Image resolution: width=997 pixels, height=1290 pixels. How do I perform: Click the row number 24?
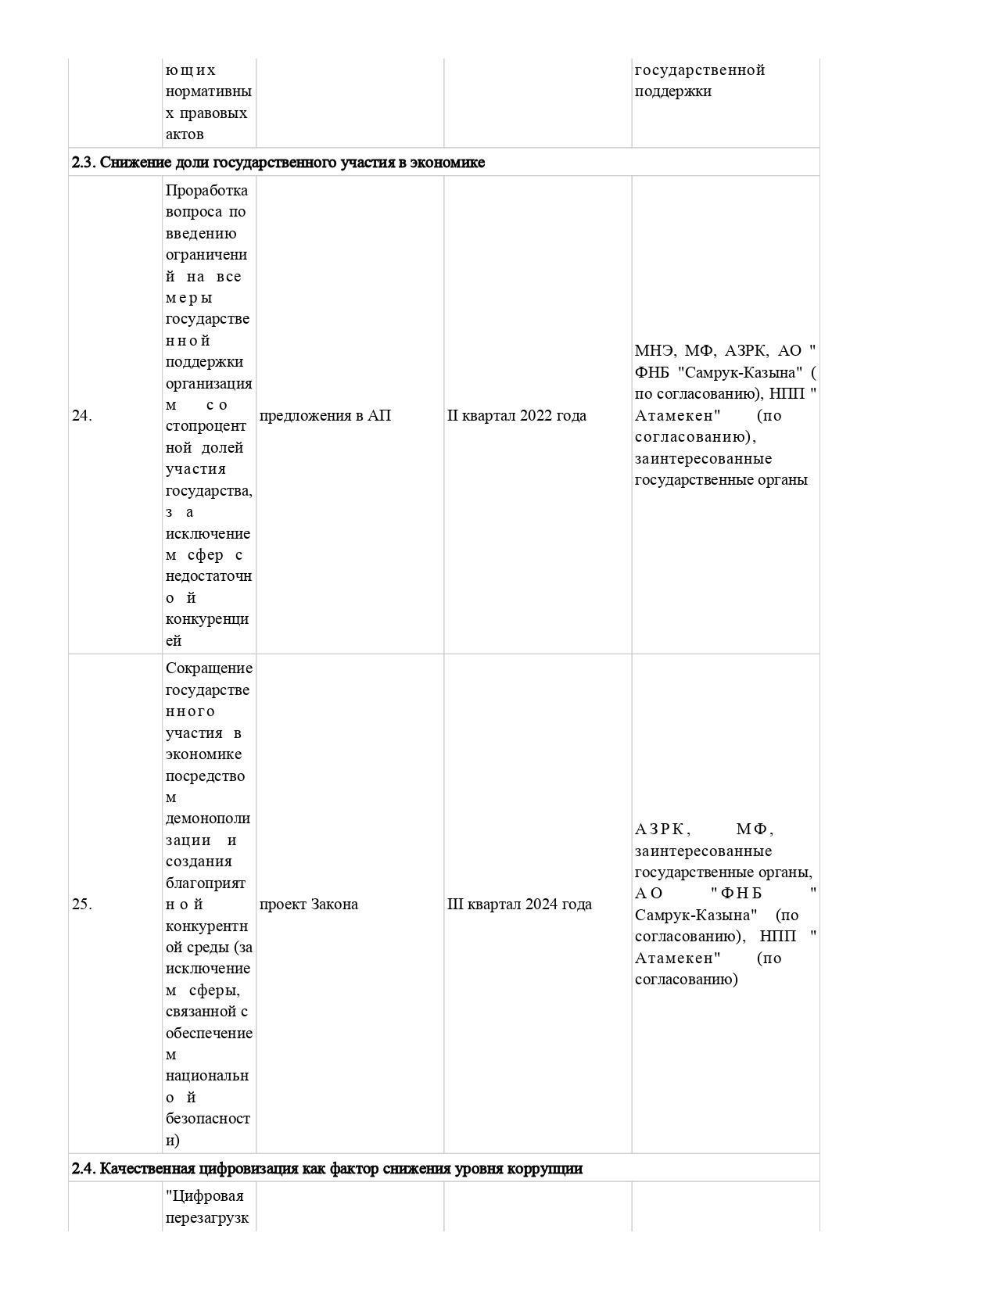tap(81, 416)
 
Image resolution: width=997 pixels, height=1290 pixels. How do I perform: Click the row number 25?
tap(81, 905)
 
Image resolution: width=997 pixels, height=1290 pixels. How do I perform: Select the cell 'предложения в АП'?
tap(325, 416)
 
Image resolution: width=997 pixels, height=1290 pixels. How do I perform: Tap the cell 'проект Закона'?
tap(308, 905)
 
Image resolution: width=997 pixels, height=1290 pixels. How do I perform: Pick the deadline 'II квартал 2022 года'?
tap(516, 416)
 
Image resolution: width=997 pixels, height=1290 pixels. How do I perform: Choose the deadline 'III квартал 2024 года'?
tap(519, 905)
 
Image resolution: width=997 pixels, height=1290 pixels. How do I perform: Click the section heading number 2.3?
tap(83, 163)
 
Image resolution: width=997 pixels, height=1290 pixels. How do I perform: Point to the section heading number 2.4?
tap(84, 1169)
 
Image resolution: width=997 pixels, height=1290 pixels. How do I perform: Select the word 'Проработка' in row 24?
tap(206, 191)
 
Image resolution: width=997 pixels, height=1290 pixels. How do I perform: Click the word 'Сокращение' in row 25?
tap(209, 668)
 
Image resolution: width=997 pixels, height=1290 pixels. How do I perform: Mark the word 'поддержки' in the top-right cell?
tap(672, 91)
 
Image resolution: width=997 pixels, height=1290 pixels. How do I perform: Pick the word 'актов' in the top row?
tap(185, 134)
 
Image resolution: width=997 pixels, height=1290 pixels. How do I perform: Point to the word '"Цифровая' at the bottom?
tap(205, 1196)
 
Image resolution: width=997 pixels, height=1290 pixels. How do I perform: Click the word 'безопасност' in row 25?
tap(208, 1119)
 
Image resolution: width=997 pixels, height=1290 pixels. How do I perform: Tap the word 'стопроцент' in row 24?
tap(206, 426)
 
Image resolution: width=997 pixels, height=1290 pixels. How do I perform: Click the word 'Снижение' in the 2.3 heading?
tap(131, 163)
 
